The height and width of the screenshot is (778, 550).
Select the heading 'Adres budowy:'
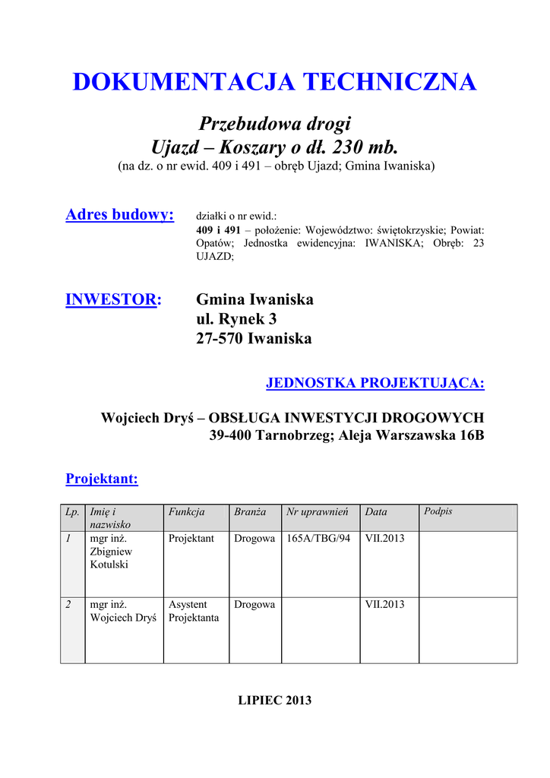tap(120, 215)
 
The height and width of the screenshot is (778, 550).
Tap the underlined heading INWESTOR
tap(112, 299)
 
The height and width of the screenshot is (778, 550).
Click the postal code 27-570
tap(218, 339)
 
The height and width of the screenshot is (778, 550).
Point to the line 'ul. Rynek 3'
tap(236, 319)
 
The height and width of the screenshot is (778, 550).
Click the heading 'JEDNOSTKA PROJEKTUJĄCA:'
tap(375, 383)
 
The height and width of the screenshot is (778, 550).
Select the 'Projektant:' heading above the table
tap(102, 479)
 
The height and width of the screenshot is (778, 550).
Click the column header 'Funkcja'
tap(186, 512)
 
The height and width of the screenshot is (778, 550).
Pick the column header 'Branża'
tap(250, 512)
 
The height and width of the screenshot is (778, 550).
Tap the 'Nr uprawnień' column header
tap(317, 512)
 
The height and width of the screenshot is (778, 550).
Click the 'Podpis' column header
tap(438, 511)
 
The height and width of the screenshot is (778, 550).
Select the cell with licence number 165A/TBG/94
tap(318, 539)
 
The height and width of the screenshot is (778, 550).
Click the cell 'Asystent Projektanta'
tap(194, 612)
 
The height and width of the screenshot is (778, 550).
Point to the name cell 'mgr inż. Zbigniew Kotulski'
tap(111, 552)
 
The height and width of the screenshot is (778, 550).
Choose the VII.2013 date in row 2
tap(384, 605)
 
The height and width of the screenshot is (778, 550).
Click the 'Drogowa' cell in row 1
tap(254, 539)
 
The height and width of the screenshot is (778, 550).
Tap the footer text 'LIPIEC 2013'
tap(275, 701)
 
